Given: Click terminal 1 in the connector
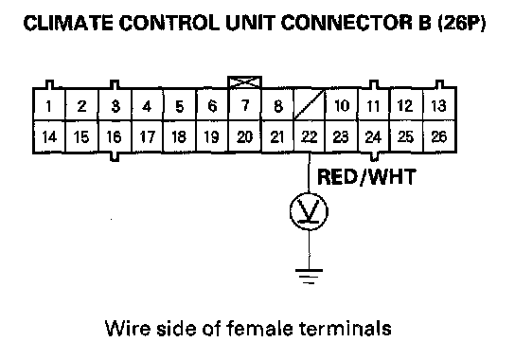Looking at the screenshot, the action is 49,105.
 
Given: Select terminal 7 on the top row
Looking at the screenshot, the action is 244,105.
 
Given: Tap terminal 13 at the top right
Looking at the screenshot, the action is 439,105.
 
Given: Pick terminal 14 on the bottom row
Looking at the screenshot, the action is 49,136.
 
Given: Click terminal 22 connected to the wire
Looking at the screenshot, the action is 309,136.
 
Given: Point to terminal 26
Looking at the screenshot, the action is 439,136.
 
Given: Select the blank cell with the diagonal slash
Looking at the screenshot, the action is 309,105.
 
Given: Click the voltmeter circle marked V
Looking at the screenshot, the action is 309,211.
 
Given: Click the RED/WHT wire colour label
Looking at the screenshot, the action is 366,177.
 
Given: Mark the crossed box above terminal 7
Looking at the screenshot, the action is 244,82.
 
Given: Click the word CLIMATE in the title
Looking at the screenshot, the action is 69,23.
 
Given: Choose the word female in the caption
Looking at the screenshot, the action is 259,328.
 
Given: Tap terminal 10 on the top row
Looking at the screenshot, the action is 341,105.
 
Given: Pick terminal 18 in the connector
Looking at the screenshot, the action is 179,136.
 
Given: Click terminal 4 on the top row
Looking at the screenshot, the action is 147,105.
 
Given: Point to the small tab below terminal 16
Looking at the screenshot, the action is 114,157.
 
